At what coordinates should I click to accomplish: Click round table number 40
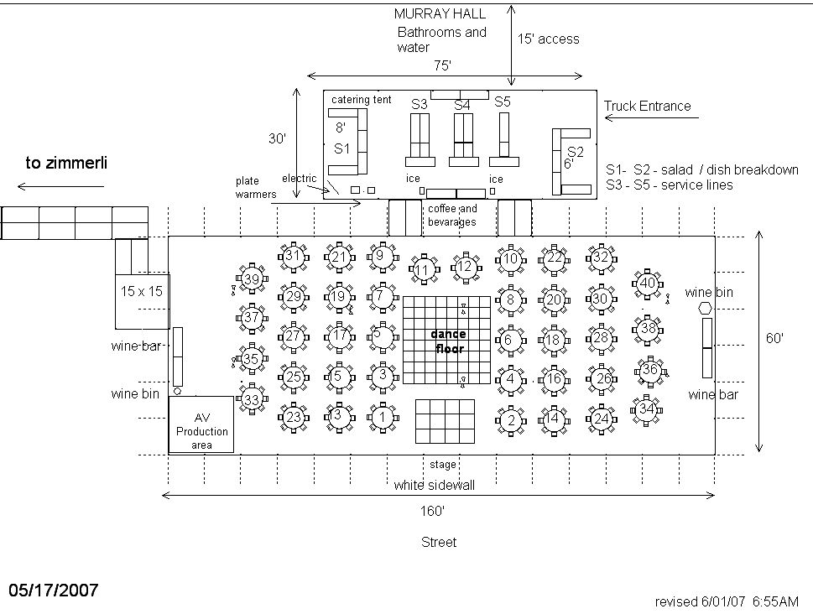click(x=647, y=284)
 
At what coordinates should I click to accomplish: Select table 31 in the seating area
click(x=293, y=257)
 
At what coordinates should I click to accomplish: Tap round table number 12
click(x=465, y=267)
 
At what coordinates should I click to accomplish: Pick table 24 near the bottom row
click(x=601, y=419)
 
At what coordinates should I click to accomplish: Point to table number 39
click(x=252, y=279)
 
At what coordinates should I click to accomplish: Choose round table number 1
click(x=382, y=416)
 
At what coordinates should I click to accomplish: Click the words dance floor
click(x=449, y=341)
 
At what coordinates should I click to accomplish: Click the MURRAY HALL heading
click(x=428, y=13)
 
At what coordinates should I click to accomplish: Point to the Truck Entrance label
click(x=647, y=106)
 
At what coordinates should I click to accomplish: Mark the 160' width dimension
click(x=433, y=511)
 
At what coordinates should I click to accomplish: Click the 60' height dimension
click(x=774, y=338)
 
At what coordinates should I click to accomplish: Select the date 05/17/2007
click(x=54, y=590)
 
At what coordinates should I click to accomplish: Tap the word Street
click(x=439, y=543)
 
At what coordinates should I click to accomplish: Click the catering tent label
click(x=361, y=100)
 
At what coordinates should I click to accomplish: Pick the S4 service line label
click(x=462, y=105)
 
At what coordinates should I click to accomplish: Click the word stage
click(x=443, y=465)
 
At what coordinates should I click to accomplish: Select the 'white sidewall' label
click(x=435, y=486)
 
